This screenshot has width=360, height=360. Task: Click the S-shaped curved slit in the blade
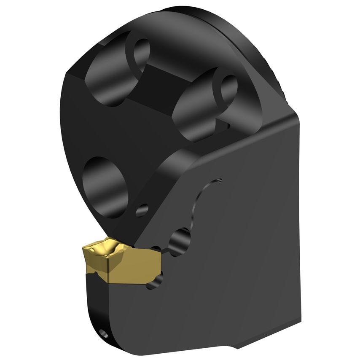[x=198, y=207]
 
